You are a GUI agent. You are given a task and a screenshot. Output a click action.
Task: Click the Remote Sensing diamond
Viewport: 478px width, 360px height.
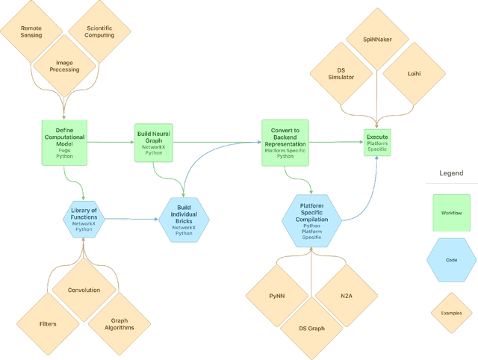point(31,31)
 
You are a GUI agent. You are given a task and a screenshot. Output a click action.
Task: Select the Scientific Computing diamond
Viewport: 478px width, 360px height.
point(99,31)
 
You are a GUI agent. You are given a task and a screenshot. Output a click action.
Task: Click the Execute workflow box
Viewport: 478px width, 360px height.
point(376,142)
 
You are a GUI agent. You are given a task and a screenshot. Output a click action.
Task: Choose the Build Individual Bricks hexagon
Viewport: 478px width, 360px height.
point(184,220)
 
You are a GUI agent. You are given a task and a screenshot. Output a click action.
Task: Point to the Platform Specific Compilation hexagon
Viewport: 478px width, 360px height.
point(311,220)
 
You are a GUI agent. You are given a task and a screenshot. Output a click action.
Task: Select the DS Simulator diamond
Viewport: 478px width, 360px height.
point(341,72)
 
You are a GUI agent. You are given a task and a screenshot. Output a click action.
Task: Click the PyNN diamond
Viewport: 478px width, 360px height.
point(277,294)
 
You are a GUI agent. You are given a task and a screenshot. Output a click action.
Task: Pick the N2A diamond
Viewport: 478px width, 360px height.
point(344,294)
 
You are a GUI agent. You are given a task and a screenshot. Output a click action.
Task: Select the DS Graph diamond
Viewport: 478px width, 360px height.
point(311,328)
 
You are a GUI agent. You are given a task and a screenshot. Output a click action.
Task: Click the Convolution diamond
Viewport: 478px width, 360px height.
point(84,290)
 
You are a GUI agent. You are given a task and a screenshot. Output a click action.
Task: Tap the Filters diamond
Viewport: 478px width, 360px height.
point(48,323)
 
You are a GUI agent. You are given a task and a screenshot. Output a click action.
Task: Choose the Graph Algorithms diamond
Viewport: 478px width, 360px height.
point(118,323)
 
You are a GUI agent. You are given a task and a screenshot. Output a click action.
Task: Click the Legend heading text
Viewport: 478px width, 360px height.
point(450,173)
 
